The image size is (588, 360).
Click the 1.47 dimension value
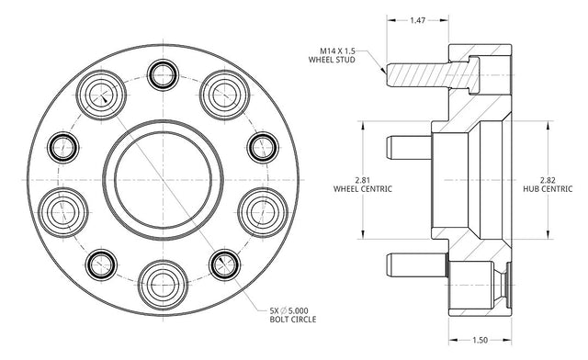(x=417, y=20)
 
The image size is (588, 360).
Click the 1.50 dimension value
(x=480, y=340)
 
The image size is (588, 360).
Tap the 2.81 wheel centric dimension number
(x=363, y=180)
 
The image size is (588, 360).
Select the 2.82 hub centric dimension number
(x=548, y=180)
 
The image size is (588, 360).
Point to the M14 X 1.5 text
(x=337, y=51)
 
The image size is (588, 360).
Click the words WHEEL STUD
(x=332, y=60)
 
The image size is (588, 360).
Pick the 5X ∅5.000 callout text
(x=288, y=310)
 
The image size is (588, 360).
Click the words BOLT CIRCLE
(x=293, y=320)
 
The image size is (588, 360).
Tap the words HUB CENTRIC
(x=548, y=189)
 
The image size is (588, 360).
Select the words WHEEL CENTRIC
(x=363, y=189)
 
